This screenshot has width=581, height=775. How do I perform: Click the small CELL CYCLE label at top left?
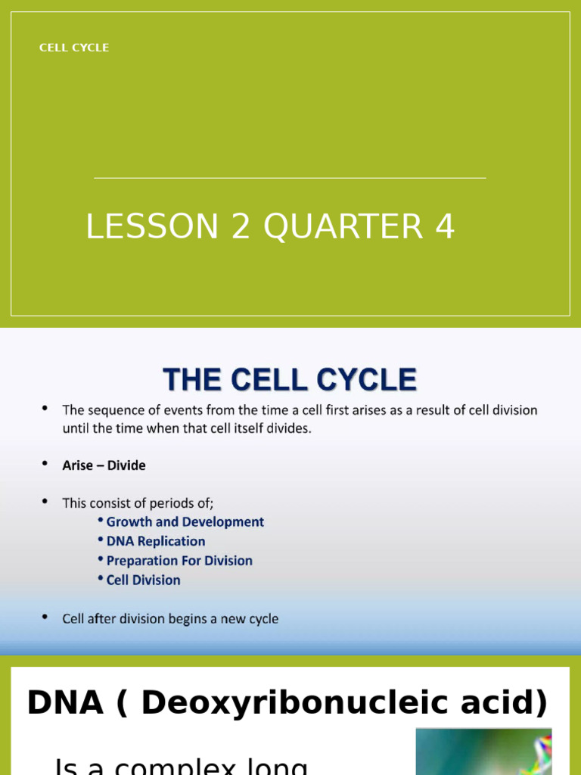(74, 48)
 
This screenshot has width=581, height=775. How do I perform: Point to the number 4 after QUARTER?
(445, 227)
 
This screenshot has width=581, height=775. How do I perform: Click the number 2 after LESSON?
(241, 227)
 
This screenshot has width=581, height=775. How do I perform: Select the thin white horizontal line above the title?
(290, 178)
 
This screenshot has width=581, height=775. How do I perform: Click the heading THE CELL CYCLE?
(290, 379)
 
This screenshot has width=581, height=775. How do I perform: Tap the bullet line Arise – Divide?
(104, 465)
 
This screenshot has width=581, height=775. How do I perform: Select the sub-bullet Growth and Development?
(185, 522)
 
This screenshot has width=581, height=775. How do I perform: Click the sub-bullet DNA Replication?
(155, 541)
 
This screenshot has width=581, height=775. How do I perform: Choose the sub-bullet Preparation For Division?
(179, 561)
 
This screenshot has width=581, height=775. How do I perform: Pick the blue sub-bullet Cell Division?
(143, 580)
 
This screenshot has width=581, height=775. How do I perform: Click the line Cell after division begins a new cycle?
(170, 619)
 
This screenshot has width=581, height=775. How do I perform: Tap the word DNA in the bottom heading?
(64, 703)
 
